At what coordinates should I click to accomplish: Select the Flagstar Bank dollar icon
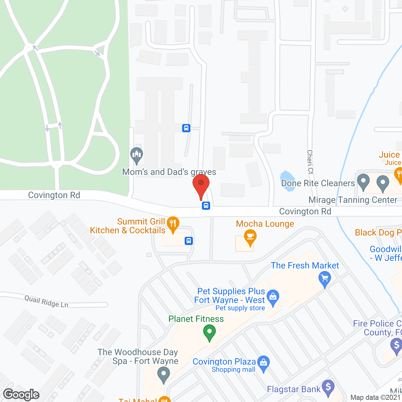pos(328,387)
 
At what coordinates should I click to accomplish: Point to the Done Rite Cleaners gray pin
pos(363,182)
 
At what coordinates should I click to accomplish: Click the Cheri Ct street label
pos(310,162)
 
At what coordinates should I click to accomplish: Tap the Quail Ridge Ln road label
pos(46,302)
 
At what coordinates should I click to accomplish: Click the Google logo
pos(21,394)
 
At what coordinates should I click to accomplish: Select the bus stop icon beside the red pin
pos(206,205)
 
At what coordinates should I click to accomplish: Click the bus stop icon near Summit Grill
pos(188,241)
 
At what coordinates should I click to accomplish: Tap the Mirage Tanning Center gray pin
pos(383,183)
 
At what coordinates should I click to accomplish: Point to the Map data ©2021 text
pos(376,398)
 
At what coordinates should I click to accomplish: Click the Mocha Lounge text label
pos(265,224)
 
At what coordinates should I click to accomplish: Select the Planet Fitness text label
pos(196,319)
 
